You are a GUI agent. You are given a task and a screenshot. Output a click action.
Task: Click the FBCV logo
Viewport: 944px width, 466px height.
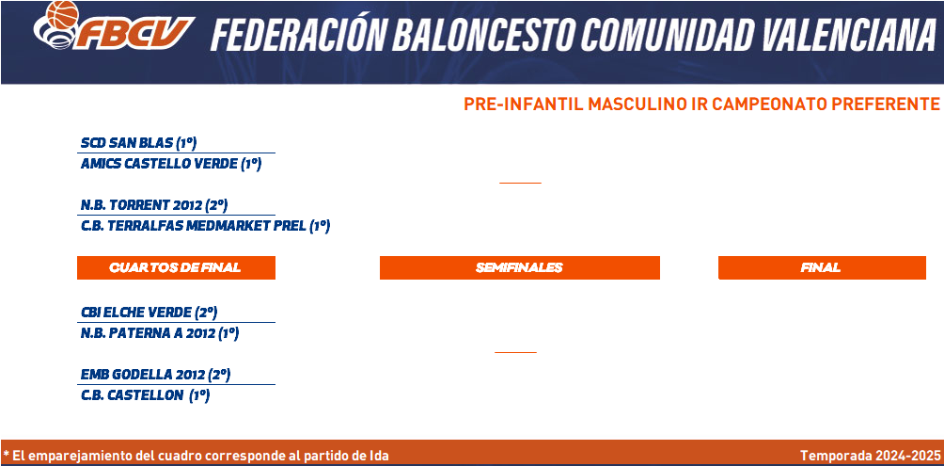click(115, 26)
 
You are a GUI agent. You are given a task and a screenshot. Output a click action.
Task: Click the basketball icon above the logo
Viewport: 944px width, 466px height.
click(63, 14)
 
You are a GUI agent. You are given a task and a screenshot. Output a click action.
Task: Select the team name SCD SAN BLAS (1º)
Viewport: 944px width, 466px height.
click(139, 143)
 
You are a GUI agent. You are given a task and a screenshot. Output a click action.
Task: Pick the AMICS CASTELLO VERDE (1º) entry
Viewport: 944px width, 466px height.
click(171, 164)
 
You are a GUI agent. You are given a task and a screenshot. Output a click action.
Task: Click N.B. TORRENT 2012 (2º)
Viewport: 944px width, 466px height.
click(154, 205)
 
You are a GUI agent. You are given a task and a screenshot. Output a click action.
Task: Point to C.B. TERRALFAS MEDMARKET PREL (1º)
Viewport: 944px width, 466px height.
click(205, 227)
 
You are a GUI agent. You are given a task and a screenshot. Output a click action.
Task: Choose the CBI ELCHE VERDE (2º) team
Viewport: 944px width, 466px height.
click(149, 313)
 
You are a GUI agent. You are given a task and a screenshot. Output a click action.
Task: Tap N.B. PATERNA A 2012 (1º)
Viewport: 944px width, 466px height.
click(160, 333)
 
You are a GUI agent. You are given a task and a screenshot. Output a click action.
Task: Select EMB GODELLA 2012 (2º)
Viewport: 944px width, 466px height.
click(155, 375)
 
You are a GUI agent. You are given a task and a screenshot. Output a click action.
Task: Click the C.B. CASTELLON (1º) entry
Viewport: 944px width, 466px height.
click(145, 396)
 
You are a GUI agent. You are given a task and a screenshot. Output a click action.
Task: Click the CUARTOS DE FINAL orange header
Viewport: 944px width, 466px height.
click(176, 267)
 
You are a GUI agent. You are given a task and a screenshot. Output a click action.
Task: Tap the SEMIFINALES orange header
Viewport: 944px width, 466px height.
click(520, 267)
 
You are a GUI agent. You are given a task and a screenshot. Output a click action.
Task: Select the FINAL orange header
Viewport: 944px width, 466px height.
click(822, 267)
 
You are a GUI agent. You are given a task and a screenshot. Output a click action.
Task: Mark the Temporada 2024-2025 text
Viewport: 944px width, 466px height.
click(870, 456)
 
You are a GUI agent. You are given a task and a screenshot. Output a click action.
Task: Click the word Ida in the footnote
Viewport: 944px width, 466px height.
click(379, 456)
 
